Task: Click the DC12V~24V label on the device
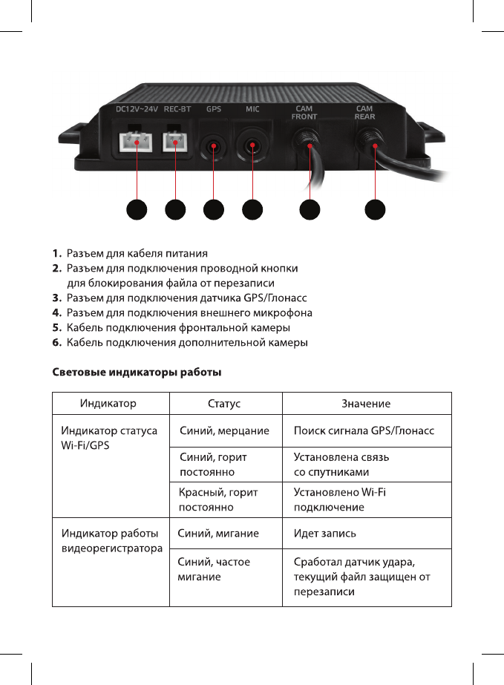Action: tap(137, 110)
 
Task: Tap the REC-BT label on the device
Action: tap(177, 110)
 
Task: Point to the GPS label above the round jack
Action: tap(214, 110)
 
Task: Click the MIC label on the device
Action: tap(252, 110)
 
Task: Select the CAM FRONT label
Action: tap(304, 113)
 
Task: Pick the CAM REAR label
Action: tap(364, 113)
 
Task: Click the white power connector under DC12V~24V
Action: tap(136, 142)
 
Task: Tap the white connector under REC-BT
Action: tap(176, 142)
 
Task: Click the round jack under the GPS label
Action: tap(214, 145)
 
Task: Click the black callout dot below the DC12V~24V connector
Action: tap(136, 210)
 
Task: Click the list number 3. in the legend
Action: tap(56, 298)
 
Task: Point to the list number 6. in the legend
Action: tap(56, 343)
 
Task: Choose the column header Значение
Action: tap(366, 404)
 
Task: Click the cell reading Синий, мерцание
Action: tap(225, 430)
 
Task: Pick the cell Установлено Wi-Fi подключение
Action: tap(339, 499)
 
